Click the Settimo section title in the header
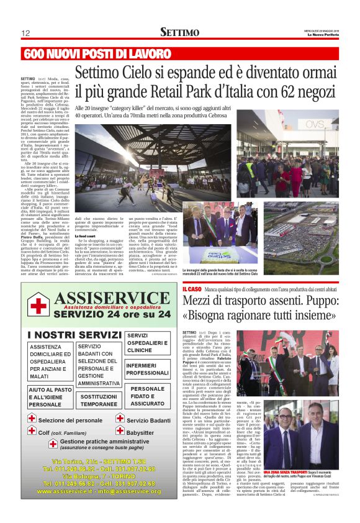click(180, 32)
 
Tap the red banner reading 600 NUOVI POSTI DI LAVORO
click(97, 53)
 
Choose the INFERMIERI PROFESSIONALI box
click(147, 369)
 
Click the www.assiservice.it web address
click(65, 491)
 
